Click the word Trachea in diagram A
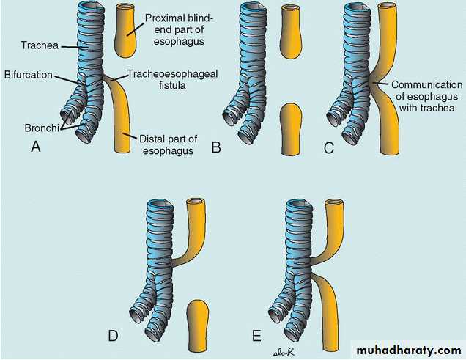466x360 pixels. click(x=40, y=45)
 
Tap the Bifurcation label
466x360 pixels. click(x=29, y=75)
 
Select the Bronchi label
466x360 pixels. click(x=42, y=128)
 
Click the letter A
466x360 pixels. click(x=36, y=147)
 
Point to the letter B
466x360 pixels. click(x=216, y=147)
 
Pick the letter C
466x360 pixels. click(x=329, y=148)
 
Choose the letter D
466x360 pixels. click(x=114, y=336)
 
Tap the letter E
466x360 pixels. click(x=256, y=336)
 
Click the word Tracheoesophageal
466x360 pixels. click(x=173, y=74)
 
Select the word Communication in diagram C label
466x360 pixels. click(x=426, y=85)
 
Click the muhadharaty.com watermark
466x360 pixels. click(x=409, y=350)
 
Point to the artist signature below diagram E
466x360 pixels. click(x=284, y=353)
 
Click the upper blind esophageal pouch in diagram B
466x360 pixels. click(x=291, y=32)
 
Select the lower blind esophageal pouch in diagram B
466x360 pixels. click(x=292, y=129)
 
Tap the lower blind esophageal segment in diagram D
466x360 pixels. click(x=198, y=326)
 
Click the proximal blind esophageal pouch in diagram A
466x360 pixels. click(x=126, y=30)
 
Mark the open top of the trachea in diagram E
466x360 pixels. click(x=298, y=205)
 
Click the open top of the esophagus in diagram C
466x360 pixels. click(x=388, y=7)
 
